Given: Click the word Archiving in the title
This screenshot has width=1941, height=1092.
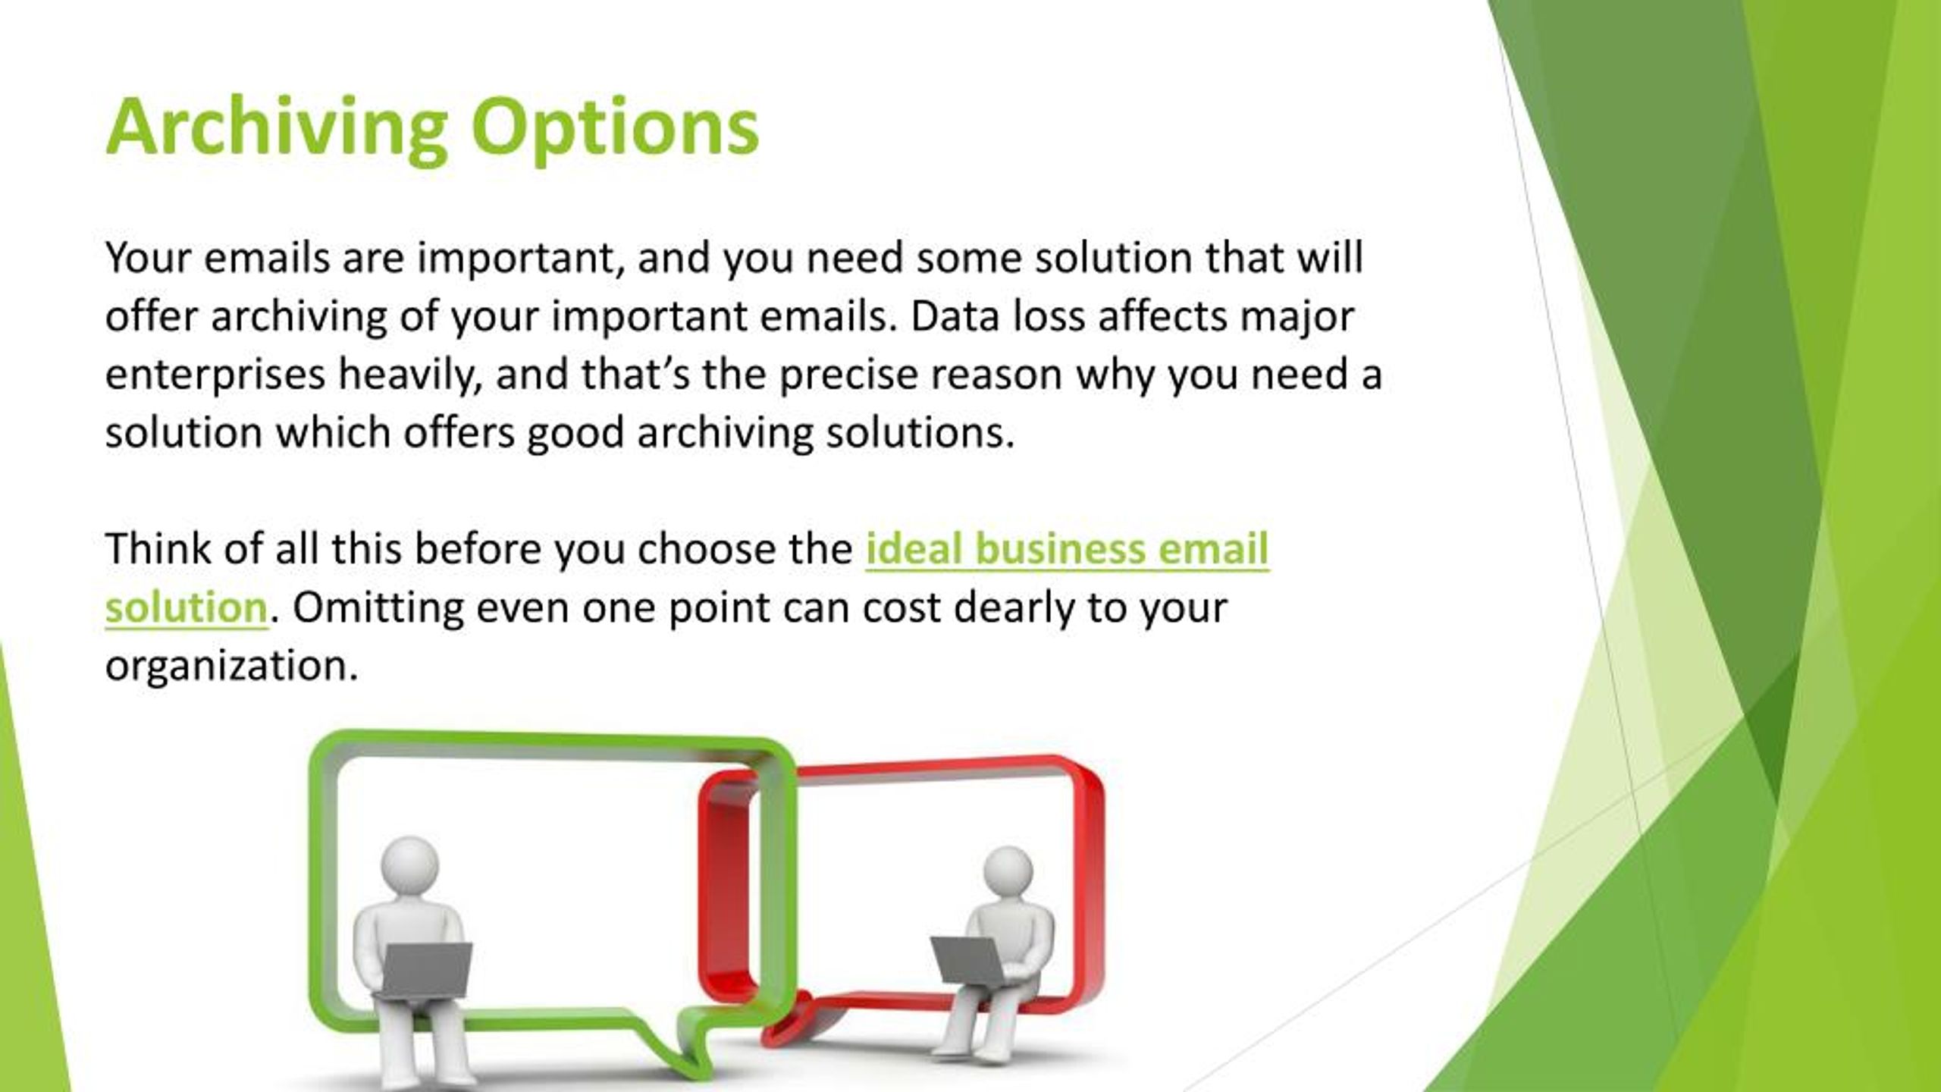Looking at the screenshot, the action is (x=277, y=127).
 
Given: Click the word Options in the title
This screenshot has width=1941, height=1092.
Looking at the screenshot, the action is (x=615, y=127).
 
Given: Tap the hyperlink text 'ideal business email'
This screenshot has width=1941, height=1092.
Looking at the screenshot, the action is (x=1067, y=549).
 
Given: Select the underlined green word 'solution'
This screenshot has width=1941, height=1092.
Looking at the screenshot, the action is (x=187, y=607).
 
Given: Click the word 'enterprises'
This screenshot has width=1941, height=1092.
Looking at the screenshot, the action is (x=215, y=375).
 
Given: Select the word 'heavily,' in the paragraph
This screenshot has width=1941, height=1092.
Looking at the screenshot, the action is (x=410, y=375).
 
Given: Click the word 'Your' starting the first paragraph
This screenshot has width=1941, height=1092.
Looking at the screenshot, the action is (x=148, y=258).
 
